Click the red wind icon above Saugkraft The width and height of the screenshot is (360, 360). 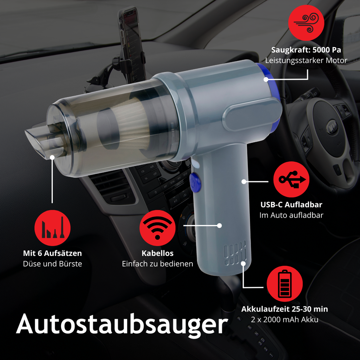[306, 23]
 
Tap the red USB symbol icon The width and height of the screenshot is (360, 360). [291, 179]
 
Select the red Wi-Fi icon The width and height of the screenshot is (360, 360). [157, 228]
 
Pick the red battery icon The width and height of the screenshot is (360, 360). [285, 284]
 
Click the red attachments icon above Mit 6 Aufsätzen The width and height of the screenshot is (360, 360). [52, 228]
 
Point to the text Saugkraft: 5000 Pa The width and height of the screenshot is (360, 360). [306, 50]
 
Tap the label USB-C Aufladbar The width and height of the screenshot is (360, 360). [291, 205]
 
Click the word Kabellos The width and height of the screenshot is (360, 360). [157, 253]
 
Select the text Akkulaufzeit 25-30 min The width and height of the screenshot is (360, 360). [285, 309]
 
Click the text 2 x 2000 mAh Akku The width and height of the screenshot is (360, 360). [285, 320]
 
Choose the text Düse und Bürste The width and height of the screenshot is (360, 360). [52, 264]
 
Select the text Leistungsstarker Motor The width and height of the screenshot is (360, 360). [306, 60]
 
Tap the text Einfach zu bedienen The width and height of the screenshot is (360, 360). [157, 264]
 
